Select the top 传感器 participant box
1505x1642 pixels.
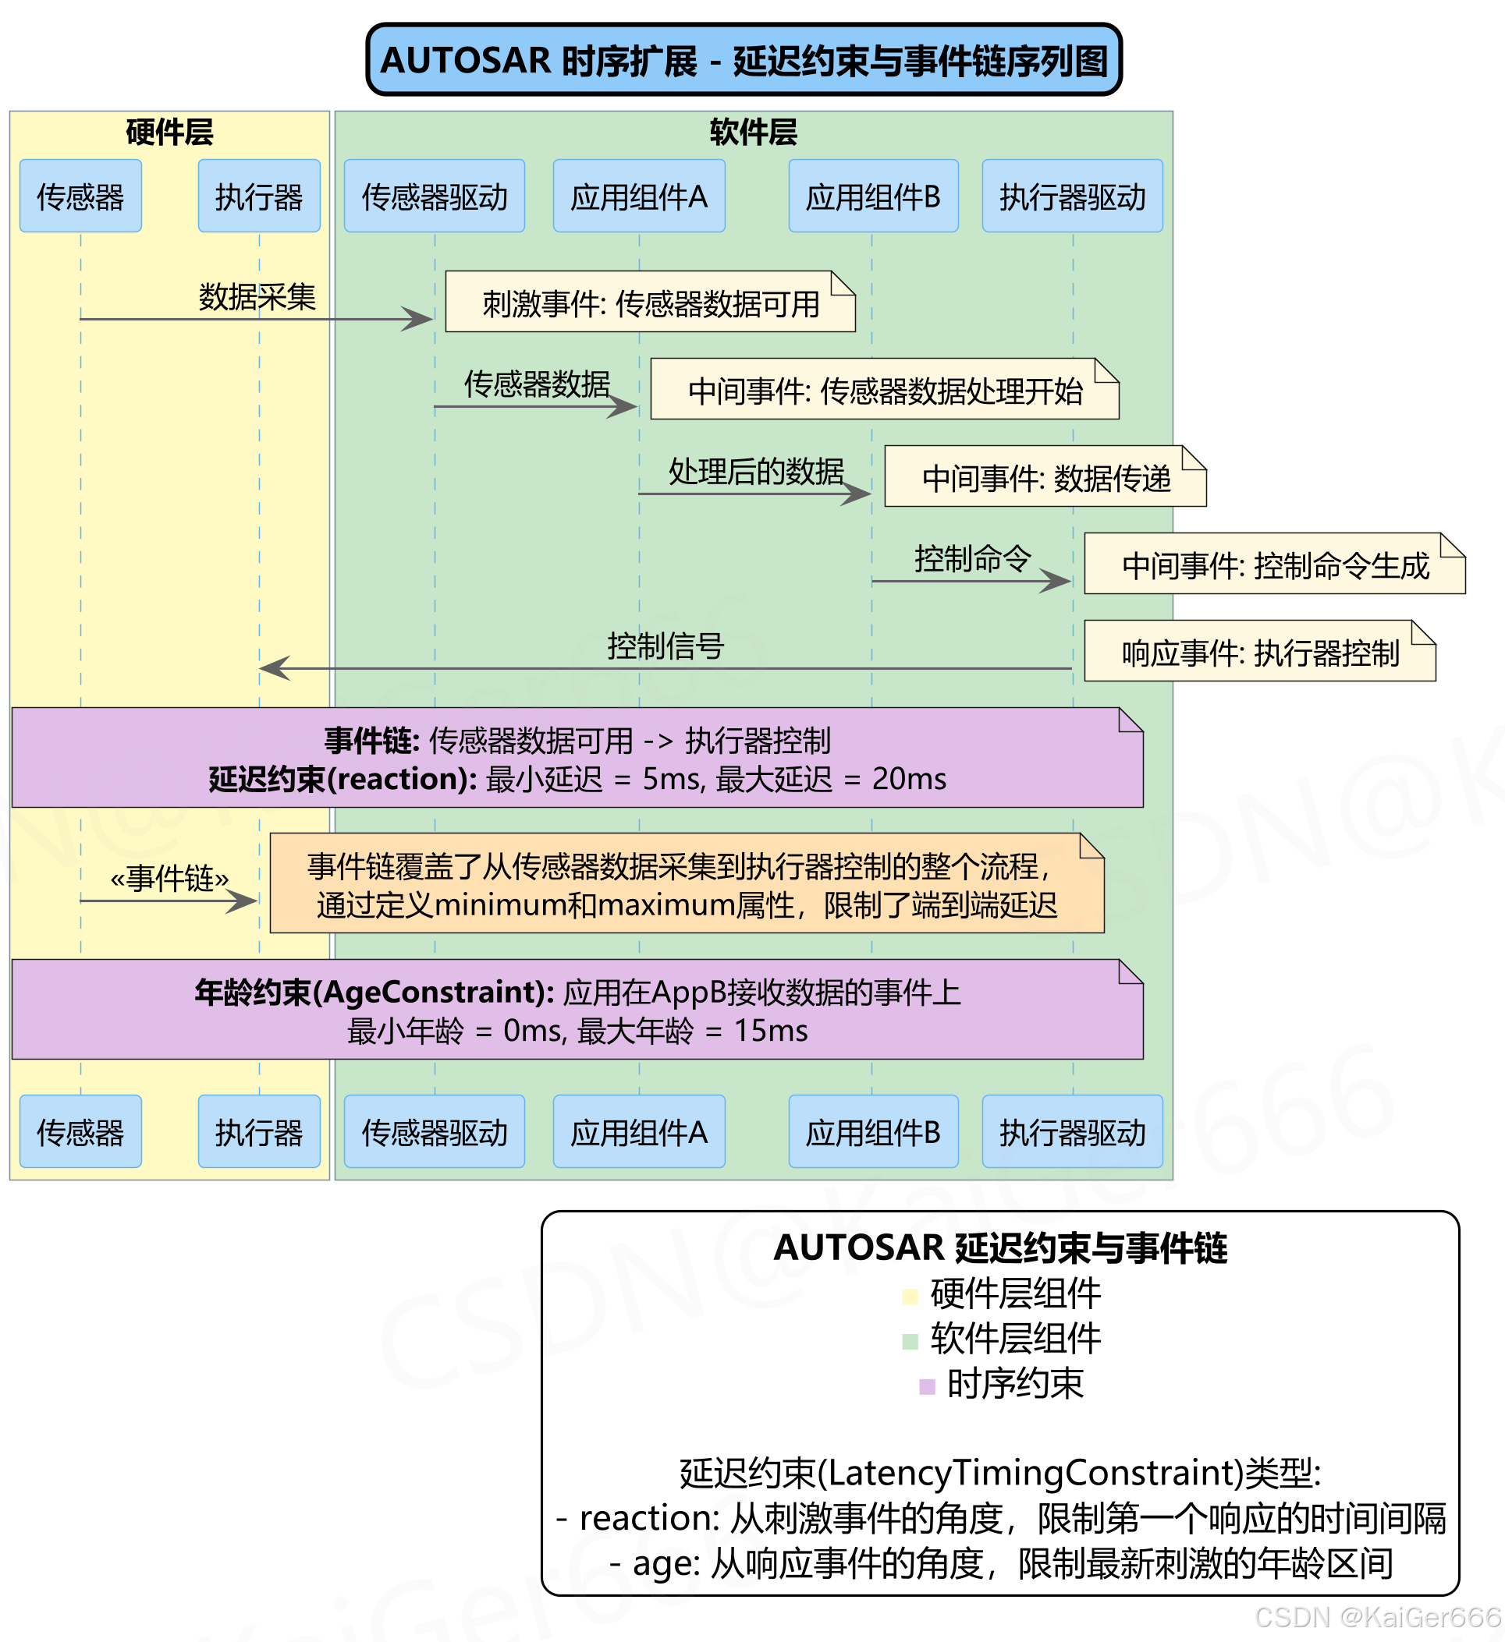pos(80,196)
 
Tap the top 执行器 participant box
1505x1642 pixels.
pos(258,196)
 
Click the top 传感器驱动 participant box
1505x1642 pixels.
pos(434,196)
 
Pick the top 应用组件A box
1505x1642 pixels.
pos(638,196)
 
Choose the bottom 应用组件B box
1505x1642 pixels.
pos(872,1131)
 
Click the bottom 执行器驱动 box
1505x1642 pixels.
pos(1071,1131)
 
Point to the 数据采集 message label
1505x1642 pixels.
pos(257,296)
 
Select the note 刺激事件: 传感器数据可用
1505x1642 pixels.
pos(649,303)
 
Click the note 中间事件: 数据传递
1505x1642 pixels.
pos(1045,477)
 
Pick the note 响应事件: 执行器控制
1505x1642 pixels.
pos(1259,652)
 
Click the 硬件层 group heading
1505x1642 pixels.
pos(169,132)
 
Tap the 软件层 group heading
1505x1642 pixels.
pos(752,132)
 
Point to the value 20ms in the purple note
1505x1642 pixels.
pos(909,779)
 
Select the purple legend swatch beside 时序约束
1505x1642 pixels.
pos(926,1386)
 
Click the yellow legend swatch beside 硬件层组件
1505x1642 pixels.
pos(910,1296)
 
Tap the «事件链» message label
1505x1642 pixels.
pos(169,878)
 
